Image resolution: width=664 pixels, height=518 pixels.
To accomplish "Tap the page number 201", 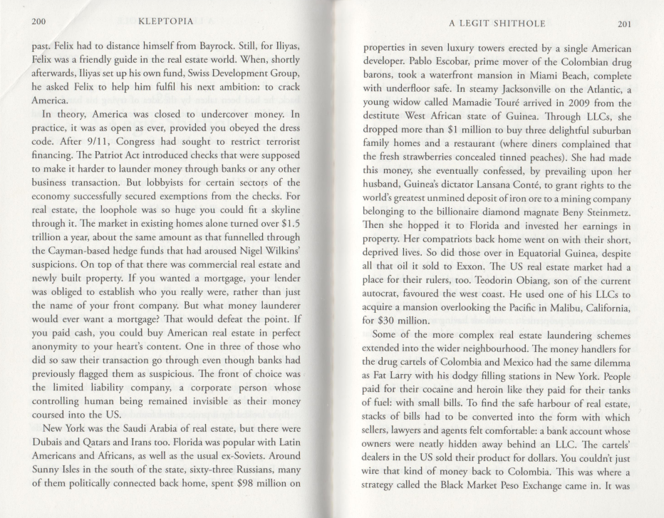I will [624, 24].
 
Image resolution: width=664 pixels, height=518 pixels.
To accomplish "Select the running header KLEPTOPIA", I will [165, 22].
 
